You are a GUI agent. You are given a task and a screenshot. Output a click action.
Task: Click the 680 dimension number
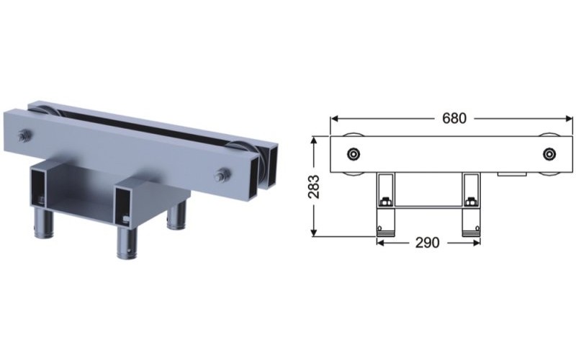454,118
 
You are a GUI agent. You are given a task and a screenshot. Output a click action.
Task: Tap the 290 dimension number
427,243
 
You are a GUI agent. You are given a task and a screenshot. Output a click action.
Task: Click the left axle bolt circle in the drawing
354,154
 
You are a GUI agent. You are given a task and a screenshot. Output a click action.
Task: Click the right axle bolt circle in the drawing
551,154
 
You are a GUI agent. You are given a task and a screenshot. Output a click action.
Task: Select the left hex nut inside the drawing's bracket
386,202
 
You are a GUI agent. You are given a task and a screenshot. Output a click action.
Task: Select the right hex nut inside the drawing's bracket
472,202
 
